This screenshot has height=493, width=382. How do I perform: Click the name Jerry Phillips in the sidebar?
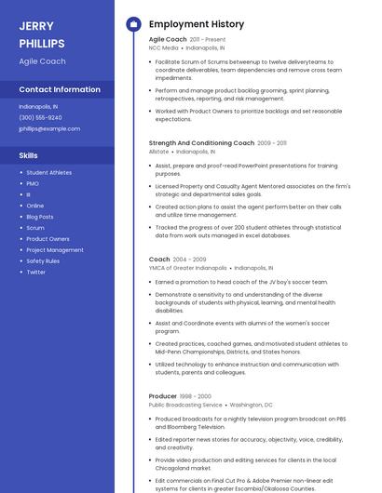[x=42, y=34]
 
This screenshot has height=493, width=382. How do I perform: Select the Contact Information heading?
[x=60, y=90]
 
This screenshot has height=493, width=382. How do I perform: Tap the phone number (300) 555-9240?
[x=40, y=117]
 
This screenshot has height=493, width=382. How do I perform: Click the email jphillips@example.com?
[x=49, y=128]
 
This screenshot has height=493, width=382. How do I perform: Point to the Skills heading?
[x=29, y=155]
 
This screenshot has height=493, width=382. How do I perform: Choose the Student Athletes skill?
[x=48, y=172]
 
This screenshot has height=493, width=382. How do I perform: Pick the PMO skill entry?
[x=33, y=183]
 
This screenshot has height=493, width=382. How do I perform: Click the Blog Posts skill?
[x=40, y=217]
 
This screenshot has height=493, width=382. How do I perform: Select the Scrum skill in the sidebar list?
[x=34, y=228]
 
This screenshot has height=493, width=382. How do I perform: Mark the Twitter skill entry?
[x=35, y=273]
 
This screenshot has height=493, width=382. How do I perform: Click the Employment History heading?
[x=197, y=24]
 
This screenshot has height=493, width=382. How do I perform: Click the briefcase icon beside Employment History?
[x=133, y=24]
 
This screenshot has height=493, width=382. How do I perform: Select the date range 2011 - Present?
[x=208, y=40]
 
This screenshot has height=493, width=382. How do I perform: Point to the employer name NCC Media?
[x=164, y=47]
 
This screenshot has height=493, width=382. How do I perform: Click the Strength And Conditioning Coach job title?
[x=201, y=143]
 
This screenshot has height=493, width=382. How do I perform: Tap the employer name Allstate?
[x=158, y=151]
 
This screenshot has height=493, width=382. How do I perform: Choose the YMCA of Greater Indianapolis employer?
[x=187, y=267]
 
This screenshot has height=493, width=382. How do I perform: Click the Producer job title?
[x=163, y=396]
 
